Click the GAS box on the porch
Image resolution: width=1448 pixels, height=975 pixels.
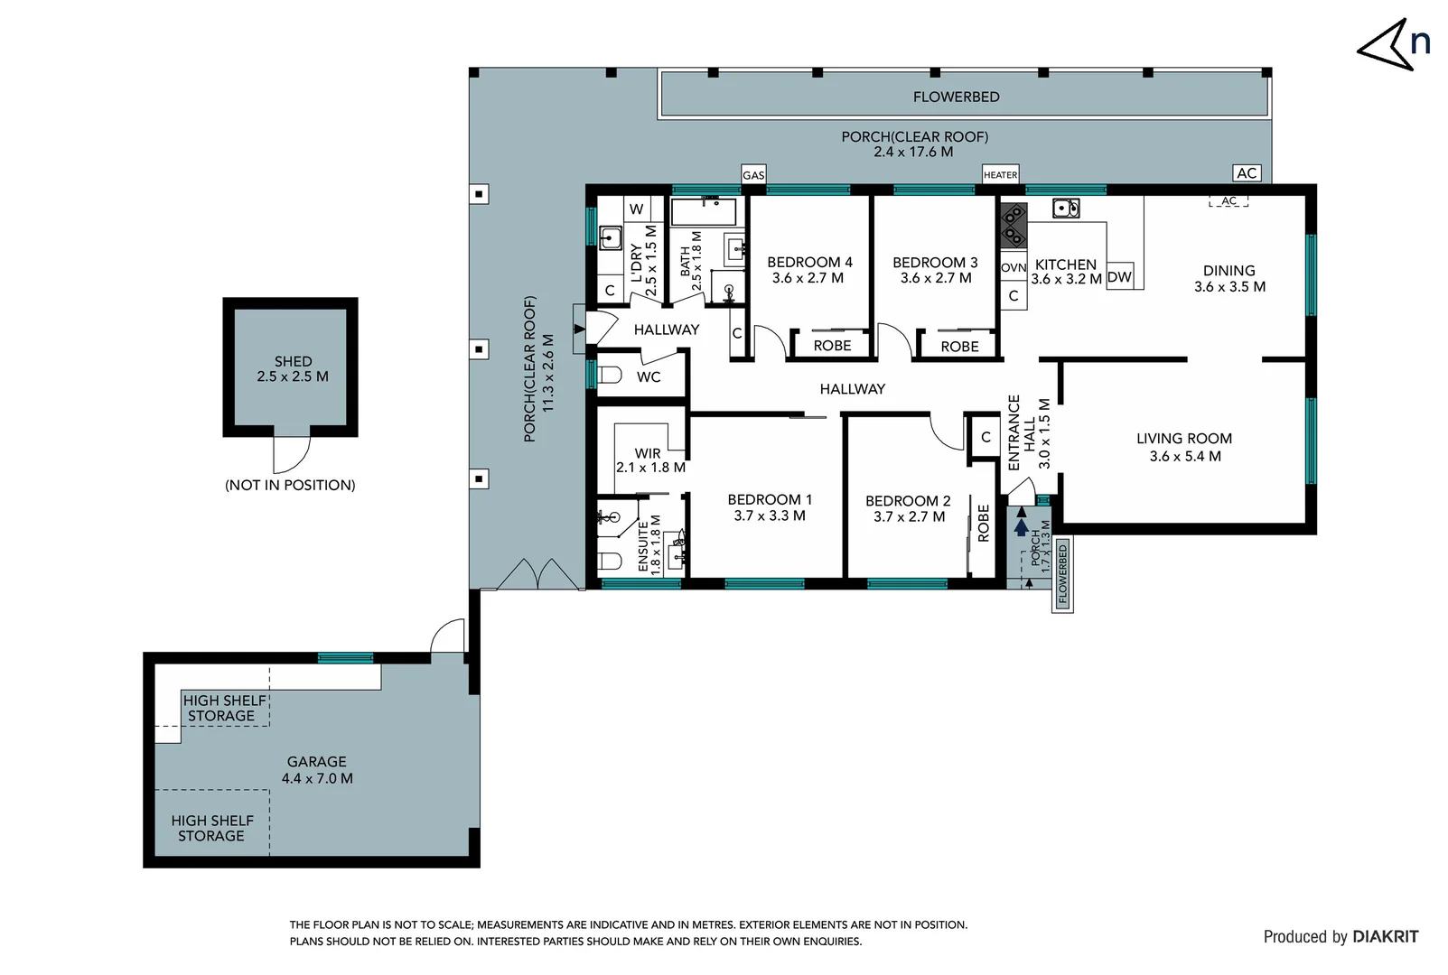[753, 175]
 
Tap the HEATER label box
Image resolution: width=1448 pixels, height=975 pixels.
[1000, 175]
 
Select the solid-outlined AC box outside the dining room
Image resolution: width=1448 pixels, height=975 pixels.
[1247, 173]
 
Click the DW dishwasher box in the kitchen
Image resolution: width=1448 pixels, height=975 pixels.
[1119, 277]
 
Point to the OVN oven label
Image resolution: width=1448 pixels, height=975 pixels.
[1014, 268]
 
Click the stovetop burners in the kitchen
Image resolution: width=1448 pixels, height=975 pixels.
[1014, 226]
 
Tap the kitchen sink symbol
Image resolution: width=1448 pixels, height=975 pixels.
[1066, 209]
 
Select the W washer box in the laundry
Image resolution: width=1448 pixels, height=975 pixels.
[636, 209]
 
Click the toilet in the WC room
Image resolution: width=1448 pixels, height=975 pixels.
[611, 375]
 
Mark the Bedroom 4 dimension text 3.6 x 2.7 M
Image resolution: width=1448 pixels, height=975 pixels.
[808, 278]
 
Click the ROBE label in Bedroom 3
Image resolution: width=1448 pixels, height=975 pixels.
[959, 347]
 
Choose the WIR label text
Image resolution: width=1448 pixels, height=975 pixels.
[648, 453]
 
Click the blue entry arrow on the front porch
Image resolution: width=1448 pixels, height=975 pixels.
[1021, 526]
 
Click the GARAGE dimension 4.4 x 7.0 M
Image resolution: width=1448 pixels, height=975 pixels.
[317, 778]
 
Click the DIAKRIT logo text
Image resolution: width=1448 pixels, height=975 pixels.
[1385, 937]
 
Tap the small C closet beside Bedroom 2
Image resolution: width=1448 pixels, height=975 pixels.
[986, 437]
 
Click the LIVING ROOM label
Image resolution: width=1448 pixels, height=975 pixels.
[1184, 439]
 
